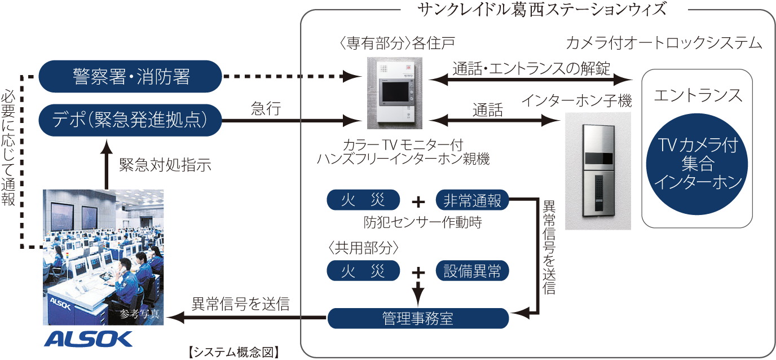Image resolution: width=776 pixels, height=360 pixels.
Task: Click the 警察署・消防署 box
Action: [130, 76]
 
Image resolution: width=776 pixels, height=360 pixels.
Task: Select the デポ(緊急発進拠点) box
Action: [130, 120]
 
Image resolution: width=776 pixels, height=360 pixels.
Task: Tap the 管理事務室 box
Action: [417, 318]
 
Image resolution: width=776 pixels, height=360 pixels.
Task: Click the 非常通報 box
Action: [473, 200]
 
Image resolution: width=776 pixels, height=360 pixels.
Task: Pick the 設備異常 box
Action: [473, 271]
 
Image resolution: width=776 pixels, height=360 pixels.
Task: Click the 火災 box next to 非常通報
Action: [363, 200]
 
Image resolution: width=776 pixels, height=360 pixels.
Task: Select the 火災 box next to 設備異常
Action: [363, 271]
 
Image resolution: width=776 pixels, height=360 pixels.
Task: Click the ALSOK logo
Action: [89, 339]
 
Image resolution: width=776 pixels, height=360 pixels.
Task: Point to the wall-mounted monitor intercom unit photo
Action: [394, 93]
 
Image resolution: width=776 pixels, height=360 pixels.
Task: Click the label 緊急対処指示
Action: [165, 165]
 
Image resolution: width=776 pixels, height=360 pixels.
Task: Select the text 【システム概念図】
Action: [233, 352]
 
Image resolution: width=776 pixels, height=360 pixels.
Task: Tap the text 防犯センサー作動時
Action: [422, 221]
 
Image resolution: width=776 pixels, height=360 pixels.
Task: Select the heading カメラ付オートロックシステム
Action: [664, 43]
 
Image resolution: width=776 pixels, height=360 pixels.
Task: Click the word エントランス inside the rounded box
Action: [698, 95]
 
